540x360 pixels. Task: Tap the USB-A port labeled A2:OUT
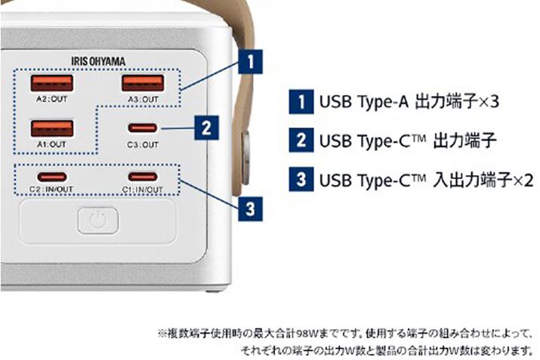52,83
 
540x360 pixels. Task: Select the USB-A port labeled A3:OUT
141,83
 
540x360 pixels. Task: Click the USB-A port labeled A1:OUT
52,128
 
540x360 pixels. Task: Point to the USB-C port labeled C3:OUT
142,128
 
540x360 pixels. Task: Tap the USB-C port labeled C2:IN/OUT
52,177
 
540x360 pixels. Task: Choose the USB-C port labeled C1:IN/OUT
142,177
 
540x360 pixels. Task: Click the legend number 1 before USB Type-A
301,100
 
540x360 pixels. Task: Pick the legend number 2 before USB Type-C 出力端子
301,140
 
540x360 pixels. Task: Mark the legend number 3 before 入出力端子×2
301,180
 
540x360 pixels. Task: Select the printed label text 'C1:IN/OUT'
142,189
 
